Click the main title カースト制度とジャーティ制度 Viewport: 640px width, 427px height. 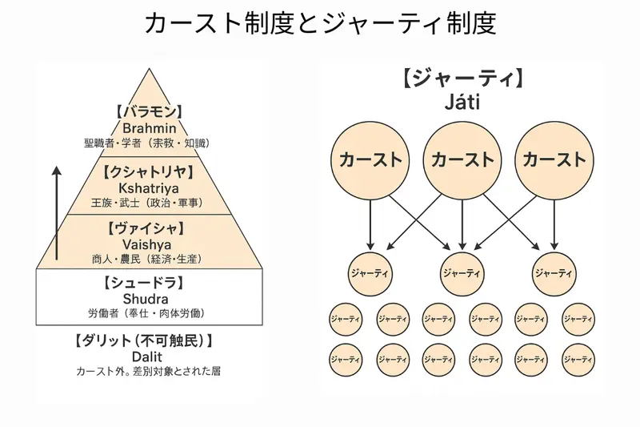(320, 23)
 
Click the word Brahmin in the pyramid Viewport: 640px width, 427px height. (150, 127)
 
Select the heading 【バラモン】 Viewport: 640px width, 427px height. (150, 111)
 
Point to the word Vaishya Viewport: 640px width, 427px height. (150, 244)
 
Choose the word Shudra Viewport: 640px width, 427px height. (150, 298)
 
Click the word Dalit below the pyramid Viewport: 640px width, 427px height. (150, 356)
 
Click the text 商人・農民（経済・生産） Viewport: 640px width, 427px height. (150, 258)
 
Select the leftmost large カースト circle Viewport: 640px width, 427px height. (370, 159)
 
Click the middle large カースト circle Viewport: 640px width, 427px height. (462, 159)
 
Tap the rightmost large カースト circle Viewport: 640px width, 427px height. (554, 159)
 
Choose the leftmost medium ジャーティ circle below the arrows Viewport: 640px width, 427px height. (370, 273)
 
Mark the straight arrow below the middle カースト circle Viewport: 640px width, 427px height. (462, 222)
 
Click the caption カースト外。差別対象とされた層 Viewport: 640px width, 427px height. (150, 371)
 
